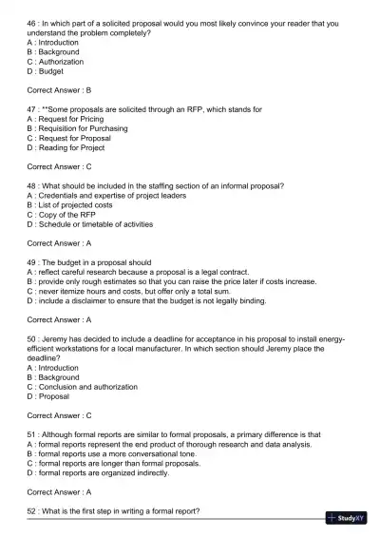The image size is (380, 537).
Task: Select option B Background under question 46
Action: (x=59, y=51)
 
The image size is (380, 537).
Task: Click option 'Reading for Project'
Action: (x=79, y=147)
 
